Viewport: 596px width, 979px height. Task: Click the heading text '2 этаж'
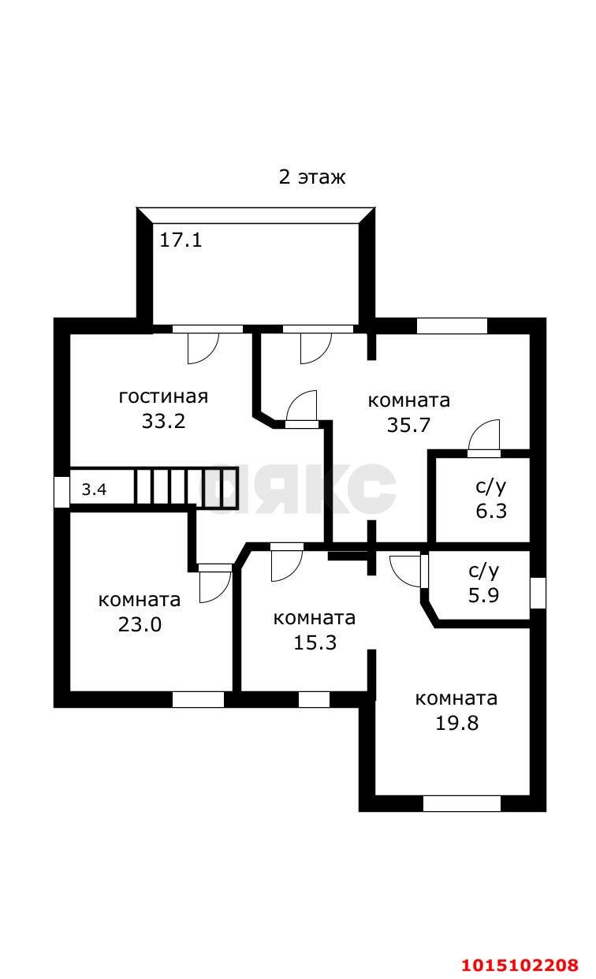coord(312,177)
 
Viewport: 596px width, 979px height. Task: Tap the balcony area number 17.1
coord(181,240)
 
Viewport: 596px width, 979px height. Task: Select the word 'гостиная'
coord(163,396)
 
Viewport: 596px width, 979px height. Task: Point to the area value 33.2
coord(163,421)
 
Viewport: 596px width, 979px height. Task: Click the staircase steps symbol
coord(186,487)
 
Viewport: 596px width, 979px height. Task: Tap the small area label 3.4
coord(94,489)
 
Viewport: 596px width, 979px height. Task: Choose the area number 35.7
coord(408,426)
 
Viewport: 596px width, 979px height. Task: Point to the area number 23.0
coord(140,625)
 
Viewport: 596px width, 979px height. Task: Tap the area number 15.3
coord(315,642)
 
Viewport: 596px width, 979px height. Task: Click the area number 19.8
coord(457,723)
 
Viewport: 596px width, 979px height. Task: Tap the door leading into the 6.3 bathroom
coord(484,437)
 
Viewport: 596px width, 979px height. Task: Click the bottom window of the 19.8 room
coord(462,804)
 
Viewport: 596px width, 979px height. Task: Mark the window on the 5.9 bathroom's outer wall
coord(538,593)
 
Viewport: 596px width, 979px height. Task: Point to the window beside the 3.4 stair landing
coord(61,492)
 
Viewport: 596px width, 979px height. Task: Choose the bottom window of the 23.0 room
coord(198,699)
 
